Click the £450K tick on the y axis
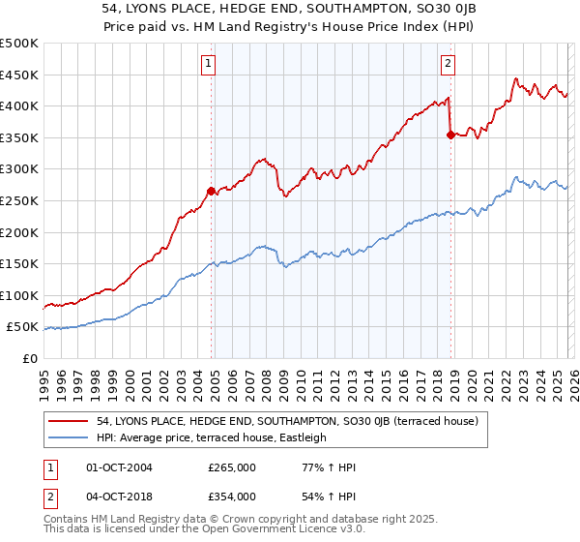(x=19, y=75)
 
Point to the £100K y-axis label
(x=19, y=296)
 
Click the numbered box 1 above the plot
(x=209, y=65)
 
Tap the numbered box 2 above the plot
(x=449, y=65)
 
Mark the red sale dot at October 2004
(x=211, y=191)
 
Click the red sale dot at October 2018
(x=450, y=135)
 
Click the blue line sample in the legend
(x=69, y=437)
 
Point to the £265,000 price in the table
(x=232, y=467)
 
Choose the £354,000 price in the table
(x=232, y=496)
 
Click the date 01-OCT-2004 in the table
(x=120, y=467)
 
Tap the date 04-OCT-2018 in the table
(x=120, y=496)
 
